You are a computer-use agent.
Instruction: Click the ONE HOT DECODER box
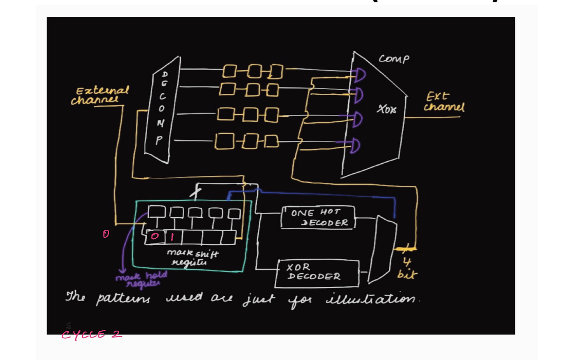point(318,217)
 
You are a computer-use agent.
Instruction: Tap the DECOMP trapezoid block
point(162,109)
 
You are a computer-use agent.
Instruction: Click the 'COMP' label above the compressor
point(394,59)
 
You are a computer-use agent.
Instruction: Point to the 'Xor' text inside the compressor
point(386,109)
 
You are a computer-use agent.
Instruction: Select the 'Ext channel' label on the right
point(444,102)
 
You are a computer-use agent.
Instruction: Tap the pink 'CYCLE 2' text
point(92,334)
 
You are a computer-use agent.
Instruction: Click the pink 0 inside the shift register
point(155,236)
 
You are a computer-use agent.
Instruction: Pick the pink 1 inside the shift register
point(172,236)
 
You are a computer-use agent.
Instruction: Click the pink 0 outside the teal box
point(106,234)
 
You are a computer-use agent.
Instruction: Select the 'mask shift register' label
point(192,257)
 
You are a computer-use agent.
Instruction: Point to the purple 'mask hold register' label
point(142,279)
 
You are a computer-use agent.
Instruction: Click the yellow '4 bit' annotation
point(407,268)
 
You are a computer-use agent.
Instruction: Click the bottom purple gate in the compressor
point(355,145)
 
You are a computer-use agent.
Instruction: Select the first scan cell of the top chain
point(229,71)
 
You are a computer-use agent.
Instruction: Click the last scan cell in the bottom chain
point(272,141)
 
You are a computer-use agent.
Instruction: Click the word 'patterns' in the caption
point(123,299)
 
